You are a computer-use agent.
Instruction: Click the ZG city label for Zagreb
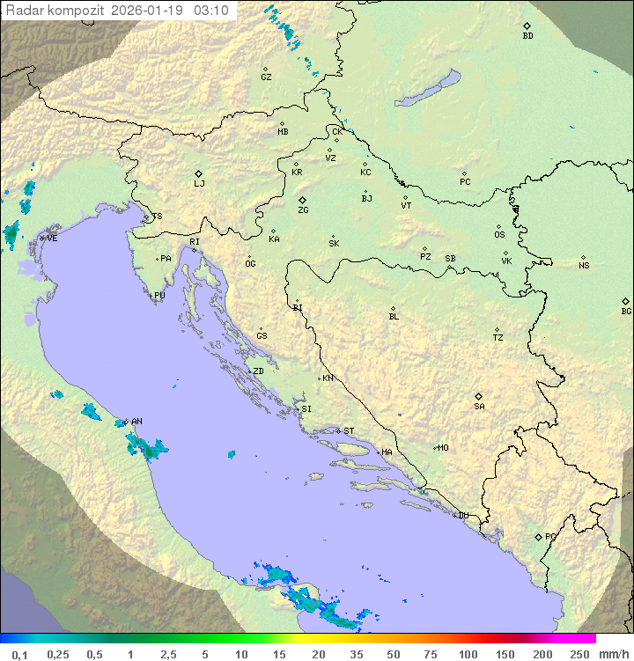[x=303, y=211]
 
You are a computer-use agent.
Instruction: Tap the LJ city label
[x=199, y=184]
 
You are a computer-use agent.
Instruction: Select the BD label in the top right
[x=527, y=36]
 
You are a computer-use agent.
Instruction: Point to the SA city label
[x=479, y=407]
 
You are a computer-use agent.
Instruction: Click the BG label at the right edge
[x=626, y=312]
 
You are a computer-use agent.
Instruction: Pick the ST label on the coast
[x=349, y=431]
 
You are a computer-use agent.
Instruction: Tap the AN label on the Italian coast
[x=136, y=422]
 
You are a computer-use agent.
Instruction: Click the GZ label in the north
[x=266, y=77]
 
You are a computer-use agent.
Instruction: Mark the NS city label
[x=584, y=266]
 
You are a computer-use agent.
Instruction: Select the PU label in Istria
[x=159, y=296]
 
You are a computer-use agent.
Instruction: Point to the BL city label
[x=394, y=317]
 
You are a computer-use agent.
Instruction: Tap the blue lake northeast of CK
[x=427, y=89]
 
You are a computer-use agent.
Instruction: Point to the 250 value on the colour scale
[x=579, y=654]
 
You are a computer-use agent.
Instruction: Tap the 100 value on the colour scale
[x=468, y=654]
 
